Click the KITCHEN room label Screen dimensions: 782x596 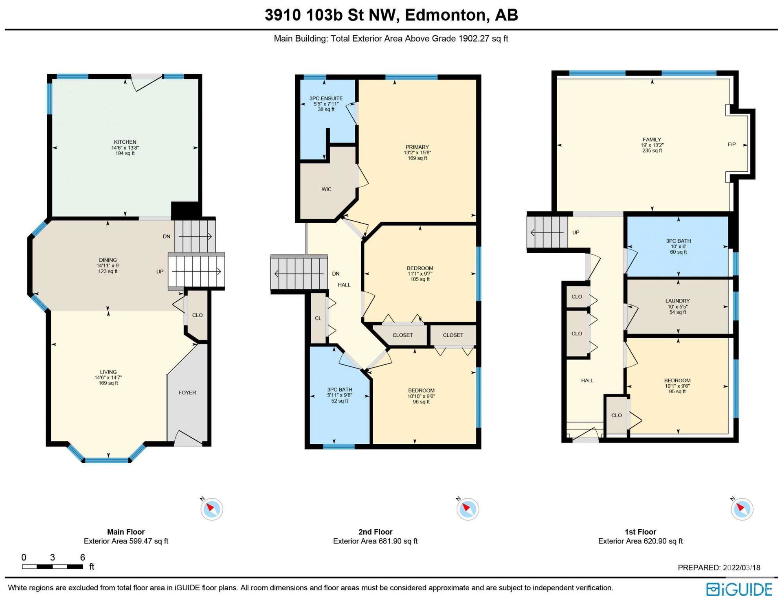pyautogui.click(x=125, y=142)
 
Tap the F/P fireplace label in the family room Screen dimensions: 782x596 pyautogui.click(x=731, y=145)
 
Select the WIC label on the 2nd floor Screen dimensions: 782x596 pyautogui.click(x=326, y=189)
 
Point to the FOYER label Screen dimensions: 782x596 pyautogui.click(x=187, y=393)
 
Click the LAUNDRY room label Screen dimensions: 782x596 pyautogui.click(x=678, y=301)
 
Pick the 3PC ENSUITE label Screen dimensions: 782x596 pyautogui.click(x=326, y=99)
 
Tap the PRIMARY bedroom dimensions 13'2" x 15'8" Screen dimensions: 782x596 pyautogui.click(x=417, y=153)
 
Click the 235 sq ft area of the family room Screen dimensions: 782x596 pyautogui.click(x=652, y=151)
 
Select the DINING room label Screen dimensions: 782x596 pyautogui.click(x=108, y=260)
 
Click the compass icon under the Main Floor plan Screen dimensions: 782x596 pyautogui.click(x=212, y=509)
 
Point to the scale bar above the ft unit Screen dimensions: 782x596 pyautogui.click(x=53, y=566)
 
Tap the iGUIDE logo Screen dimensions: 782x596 pyautogui.click(x=739, y=589)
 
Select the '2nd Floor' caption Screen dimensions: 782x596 pyautogui.click(x=376, y=532)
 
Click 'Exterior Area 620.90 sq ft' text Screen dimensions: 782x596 pyautogui.click(x=641, y=541)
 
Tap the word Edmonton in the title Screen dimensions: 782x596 pyautogui.click(x=446, y=15)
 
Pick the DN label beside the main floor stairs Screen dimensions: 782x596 pyautogui.click(x=167, y=237)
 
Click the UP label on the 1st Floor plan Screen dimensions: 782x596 pyautogui.click(x=576, y=233)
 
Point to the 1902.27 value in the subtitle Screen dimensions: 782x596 pyautogui.click(x=473, y=39)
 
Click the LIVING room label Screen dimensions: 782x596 pyautogui.click(x=108, y=372)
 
